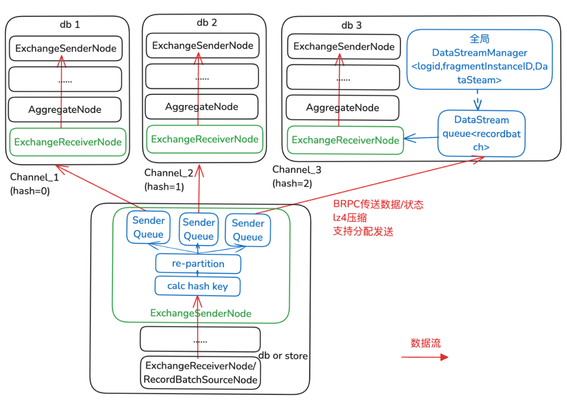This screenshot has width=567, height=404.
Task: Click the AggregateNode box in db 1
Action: coord(65,109)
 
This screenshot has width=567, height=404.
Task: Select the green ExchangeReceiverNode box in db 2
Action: coord(204,139)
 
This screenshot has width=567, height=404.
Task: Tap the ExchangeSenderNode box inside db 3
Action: coord(344,46)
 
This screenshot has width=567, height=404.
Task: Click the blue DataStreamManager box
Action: coord(479,59)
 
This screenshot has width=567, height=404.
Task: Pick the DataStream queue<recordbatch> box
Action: coord(482,133)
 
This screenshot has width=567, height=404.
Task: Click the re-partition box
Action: coord(198,264)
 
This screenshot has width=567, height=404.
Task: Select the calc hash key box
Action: coord(198,286)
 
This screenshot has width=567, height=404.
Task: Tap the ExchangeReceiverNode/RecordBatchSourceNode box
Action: coord(201,373)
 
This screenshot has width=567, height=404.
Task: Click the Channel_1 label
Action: coord(34,178)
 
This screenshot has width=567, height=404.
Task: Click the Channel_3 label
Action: coord(296,169)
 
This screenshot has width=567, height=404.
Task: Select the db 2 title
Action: coord(207,23)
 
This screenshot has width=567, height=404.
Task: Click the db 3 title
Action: coord(351,25)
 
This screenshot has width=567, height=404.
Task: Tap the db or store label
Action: coord(283,356)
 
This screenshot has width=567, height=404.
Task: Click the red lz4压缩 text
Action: coord(350,218)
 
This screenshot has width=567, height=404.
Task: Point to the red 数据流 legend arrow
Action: coord(425,357)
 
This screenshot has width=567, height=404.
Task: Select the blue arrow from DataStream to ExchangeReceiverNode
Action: coord(421,139)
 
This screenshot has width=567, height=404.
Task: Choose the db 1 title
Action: coord(70,24)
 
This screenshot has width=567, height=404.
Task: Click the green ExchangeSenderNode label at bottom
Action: coord(201,314)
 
